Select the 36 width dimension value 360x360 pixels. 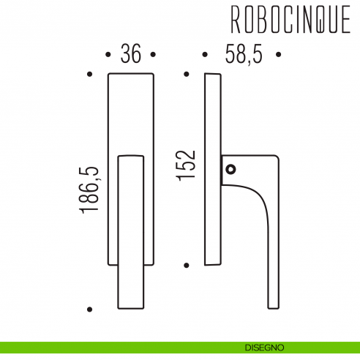click(130, 56)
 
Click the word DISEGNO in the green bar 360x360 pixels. click(265, 347)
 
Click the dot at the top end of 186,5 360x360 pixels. click(89, 74)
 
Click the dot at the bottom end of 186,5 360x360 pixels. click(89, 309)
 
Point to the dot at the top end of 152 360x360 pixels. click(187, 74)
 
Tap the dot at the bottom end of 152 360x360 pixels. click(187, 265)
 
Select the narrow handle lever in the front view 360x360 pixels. click(131, 230)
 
